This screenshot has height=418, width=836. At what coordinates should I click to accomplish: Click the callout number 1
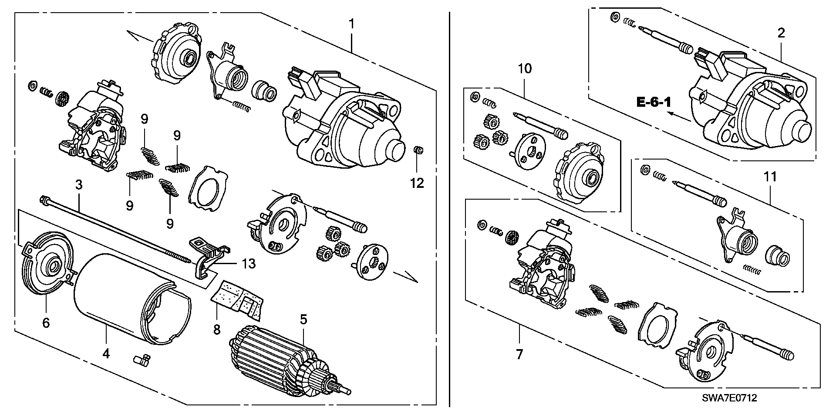pyautogui.click(x=351, y=24)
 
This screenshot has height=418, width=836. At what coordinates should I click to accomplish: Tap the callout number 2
pyautogui.click(x=781, y=33)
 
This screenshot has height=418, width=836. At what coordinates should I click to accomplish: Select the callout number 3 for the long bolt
pyautogui.click(x=78, y=185)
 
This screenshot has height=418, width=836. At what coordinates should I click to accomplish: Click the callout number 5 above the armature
pyautogui.click(x=303, y=319)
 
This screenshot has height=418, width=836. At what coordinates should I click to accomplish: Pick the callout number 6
pyautogui.click(x=46, y=323)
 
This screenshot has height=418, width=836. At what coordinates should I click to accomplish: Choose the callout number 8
pyautogui.click(x=217, y=330)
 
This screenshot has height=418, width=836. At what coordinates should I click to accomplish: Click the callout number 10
pyautogui.click(x=525, y=68)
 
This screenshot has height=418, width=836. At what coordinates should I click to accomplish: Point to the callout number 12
pyautogui.click(x=417, y=183)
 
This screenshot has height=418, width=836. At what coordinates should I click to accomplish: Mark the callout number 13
pyautogui.click(x=249, y=264)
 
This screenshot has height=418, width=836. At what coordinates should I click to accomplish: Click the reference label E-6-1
pyautogui.click(x=654, y=103)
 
